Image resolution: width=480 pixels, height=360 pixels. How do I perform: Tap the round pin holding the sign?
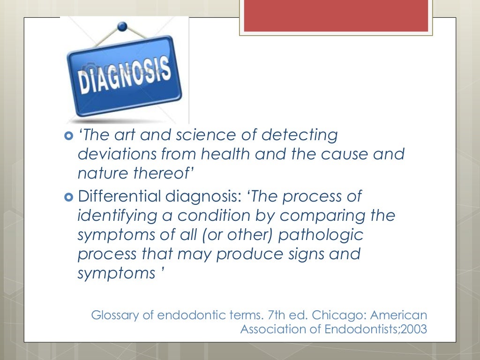tap(123, 27)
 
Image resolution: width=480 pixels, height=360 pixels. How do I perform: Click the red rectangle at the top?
tap(336, 16)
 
